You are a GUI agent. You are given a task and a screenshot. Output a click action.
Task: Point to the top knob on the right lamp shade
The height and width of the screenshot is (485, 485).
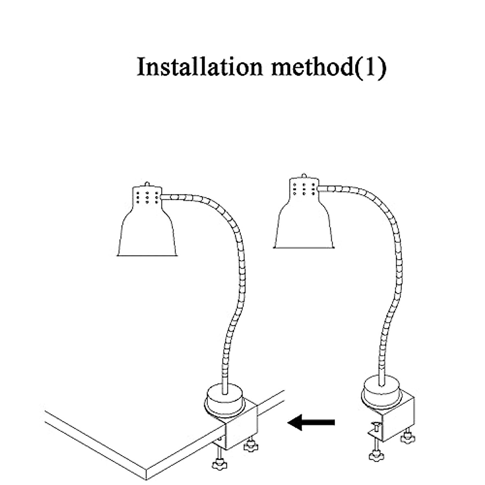pos(304,176)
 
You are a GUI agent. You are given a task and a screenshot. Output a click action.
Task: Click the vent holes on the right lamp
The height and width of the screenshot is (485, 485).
pos(304,189)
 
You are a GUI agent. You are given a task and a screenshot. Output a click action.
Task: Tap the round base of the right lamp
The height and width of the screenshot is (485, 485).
pos(381,392)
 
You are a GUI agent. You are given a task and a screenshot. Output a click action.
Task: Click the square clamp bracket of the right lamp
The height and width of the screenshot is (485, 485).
pos(398,420)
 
